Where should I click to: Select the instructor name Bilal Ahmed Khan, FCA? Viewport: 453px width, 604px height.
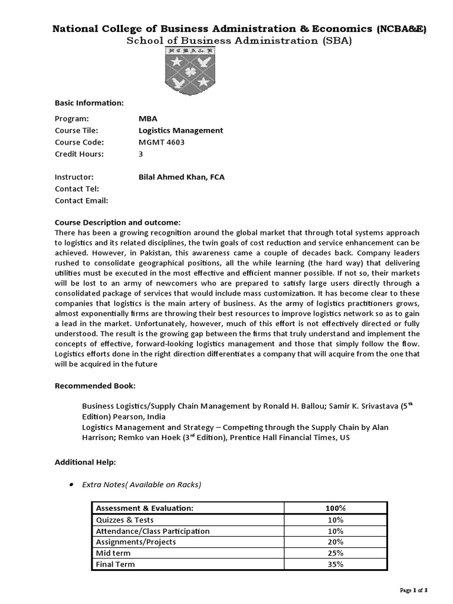181,177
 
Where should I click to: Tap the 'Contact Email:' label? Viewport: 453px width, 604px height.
81,201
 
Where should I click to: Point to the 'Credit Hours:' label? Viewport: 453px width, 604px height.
79,154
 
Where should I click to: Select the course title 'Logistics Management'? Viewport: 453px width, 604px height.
180,130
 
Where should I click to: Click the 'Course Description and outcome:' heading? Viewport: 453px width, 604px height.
117,222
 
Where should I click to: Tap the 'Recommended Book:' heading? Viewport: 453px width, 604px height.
95,386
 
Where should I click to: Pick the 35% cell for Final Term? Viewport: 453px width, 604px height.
335,564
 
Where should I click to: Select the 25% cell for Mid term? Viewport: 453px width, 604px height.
335,553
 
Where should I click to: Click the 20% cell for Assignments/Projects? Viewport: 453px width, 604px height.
335,542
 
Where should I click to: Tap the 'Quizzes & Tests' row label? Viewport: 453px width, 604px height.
124,520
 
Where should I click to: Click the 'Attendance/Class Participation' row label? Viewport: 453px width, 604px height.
153,531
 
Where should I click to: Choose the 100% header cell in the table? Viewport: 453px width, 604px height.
335,508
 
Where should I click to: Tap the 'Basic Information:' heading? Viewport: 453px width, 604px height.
89,103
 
